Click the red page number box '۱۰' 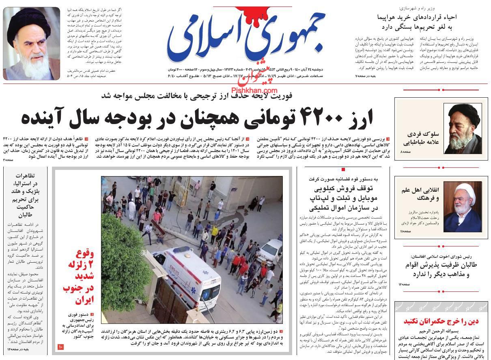coord(60,347)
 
